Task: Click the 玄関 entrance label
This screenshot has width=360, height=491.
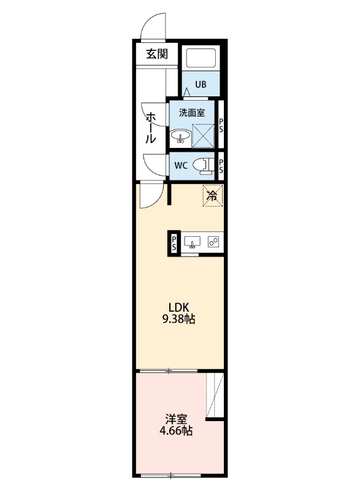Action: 157,54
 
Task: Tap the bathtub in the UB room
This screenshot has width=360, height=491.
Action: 201,58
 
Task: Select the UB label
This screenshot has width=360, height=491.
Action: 201,84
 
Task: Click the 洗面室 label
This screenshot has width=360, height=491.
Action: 192,113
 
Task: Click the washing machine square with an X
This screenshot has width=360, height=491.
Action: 202,136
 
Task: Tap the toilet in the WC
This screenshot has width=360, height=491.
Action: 202,166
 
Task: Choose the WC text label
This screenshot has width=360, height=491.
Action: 181,166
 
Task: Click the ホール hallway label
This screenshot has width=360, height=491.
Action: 150,128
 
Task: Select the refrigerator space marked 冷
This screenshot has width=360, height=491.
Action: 213,196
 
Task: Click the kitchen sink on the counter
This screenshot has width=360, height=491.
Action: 192,242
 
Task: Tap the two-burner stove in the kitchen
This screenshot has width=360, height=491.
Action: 213,242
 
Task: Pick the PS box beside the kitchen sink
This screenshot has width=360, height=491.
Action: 174,244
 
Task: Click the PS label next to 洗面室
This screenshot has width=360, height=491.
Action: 221,125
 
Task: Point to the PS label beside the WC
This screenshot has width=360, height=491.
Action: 221,166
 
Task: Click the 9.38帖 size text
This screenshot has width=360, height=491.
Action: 178,319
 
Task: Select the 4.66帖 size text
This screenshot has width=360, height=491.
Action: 176,431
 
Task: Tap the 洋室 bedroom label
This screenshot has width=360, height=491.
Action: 176,419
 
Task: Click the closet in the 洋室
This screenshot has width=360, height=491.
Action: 215,395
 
